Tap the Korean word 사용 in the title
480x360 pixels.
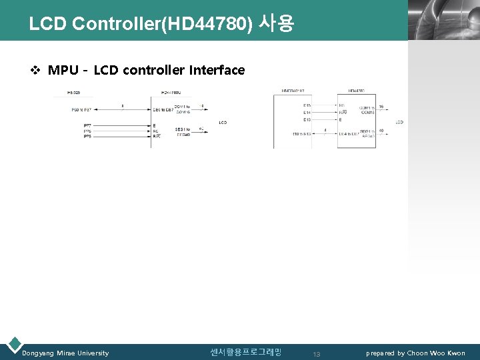click(275, 25)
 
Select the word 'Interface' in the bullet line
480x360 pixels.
click(217, 70)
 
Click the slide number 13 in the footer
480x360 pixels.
click(317, 354)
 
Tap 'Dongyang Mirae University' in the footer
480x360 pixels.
click(65, 353)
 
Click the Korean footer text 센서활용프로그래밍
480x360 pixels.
click(245, 352)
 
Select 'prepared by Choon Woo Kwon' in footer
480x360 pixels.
click(415, 353)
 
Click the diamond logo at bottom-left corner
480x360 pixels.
click(13, 345)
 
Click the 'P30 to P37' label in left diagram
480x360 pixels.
click(82, 109)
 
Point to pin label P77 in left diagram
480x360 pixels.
click(87, 125)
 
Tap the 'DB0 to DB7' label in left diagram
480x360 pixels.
click(162, 109)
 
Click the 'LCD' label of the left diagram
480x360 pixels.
click(223, 123)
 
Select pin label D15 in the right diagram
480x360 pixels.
click(307, 105)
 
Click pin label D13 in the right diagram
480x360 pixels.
click(307, 120)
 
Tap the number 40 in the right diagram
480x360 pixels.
click(381, 131)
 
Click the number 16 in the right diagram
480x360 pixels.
click(381, 107)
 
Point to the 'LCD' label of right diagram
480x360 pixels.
click(399, 122)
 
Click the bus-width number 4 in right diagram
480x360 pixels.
click(325, 130)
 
